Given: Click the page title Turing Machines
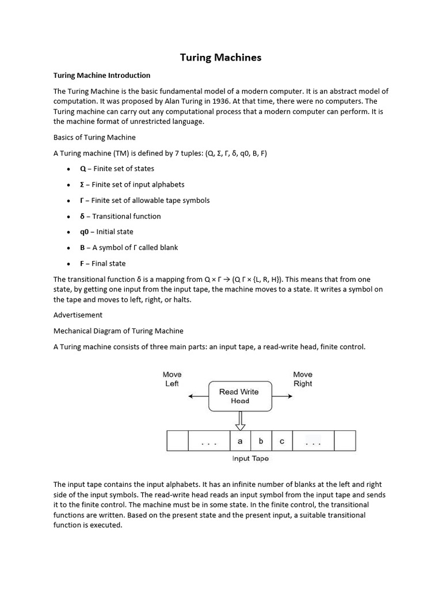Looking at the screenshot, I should pos(220,57).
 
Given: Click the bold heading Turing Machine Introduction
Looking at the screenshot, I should pos(101,75).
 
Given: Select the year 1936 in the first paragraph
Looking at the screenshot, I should pos(208,101).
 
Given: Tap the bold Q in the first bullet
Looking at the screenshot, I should pos(83,169).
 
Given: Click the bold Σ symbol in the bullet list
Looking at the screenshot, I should pos(82,184).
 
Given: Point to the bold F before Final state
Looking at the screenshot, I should pos(82,263).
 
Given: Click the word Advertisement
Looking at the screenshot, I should pos(78,315).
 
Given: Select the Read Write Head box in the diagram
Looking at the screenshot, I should pos(239,396).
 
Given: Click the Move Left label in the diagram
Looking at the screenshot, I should pos(172,379).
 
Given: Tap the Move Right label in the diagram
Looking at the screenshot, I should pos(303,379).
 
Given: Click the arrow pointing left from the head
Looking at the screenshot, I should pos(198,396).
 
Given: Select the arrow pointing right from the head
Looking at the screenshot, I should pos(281,396).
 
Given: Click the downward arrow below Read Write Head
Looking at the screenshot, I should pos(240,421).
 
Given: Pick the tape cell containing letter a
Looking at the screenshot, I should pos(240,441).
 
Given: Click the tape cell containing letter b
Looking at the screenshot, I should pos(261,441).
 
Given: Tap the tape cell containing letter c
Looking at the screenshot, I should pos(282,441).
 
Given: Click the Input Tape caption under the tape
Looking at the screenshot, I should pos(250,459).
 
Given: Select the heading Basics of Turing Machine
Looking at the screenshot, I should pos(94,137).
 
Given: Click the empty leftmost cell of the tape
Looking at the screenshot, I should pos(178,441).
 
